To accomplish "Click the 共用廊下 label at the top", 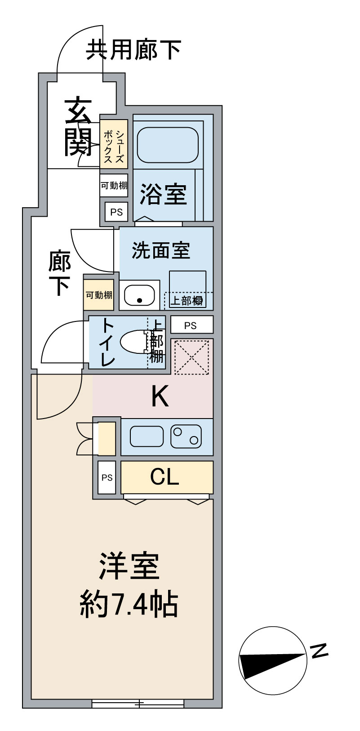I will point(133,50).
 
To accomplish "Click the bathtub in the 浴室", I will point(167,145).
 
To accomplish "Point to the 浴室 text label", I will point(163,194).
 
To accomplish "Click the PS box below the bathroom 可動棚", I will point(116,212).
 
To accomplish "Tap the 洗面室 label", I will point(161,251).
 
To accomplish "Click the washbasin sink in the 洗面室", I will point(139,295).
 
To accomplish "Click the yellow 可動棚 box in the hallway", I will point(99,295).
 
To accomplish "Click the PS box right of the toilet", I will point(191,325).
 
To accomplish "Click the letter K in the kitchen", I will point(160,397).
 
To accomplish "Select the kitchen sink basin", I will point(147,436).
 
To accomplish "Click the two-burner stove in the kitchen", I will point(186,436).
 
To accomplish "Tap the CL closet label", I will point(164,477).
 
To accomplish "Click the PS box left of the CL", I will point(107,478).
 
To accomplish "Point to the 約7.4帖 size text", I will point(129,605).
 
